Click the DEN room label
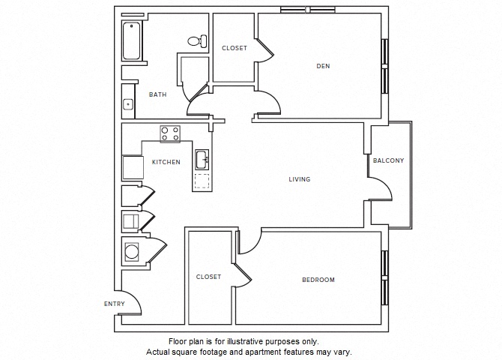click(x=323, y=66)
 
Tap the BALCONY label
click(x=388, y=160)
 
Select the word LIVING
click(x=300, y=179)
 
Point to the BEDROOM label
click(x=318, y=280)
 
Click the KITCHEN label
click(x=166, y=162)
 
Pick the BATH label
click(x=157, y=94)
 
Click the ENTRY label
click(x=114, y=304)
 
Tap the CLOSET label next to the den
click(x=234, y=48)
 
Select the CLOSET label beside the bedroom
click(x=208, y=277)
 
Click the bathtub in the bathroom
click(x=131, y=40)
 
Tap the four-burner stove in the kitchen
click(x=170, y=133)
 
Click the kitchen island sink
click(x=202, y=159)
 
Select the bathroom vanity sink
click(x=128, y=104)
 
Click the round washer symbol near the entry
click(x=132, y=250)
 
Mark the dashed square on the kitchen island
click(x=202, y=181)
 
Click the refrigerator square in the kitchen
click(x=132, y=166)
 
